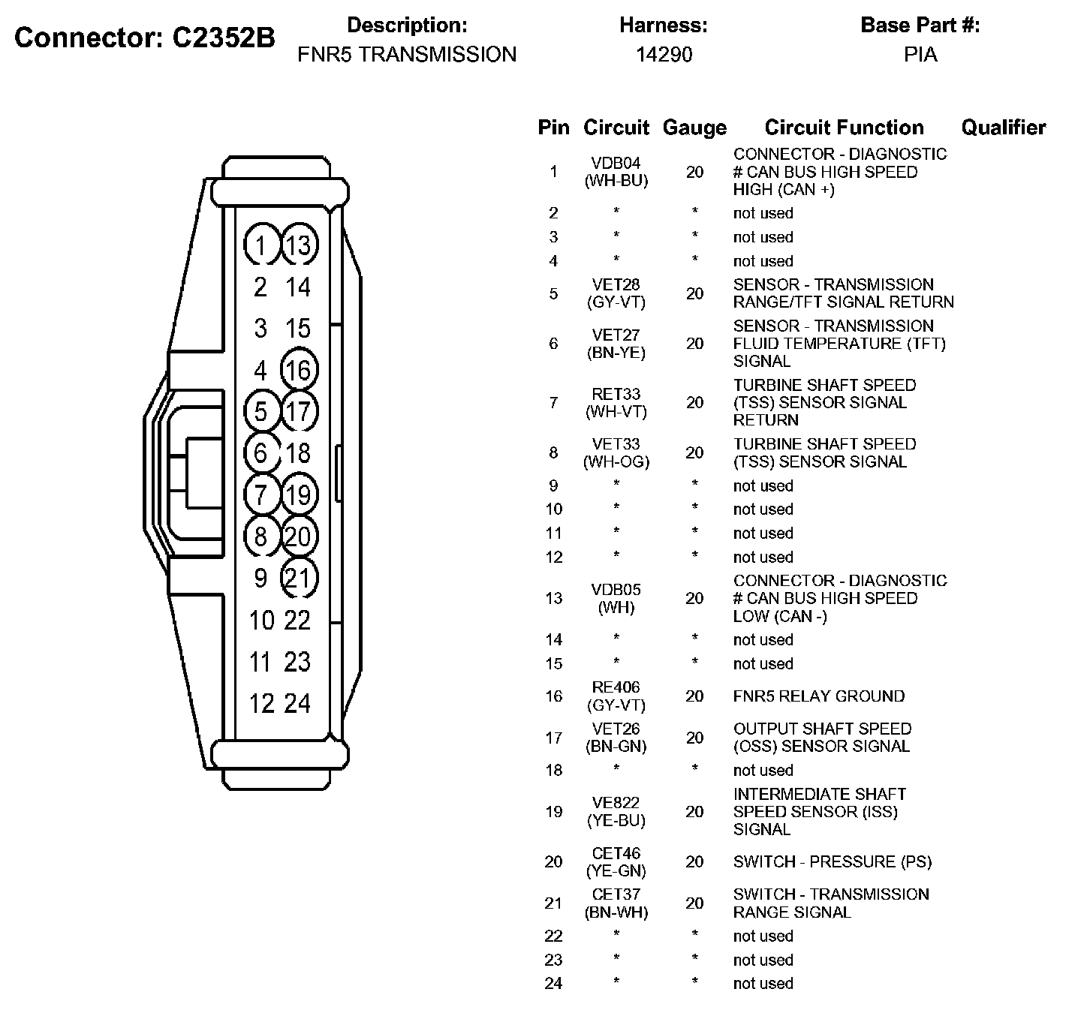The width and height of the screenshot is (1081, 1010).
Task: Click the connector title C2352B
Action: click(145, 38)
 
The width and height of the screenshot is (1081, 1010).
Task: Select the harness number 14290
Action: click(664, 55)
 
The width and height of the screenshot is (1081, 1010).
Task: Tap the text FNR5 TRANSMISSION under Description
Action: click(407, 55)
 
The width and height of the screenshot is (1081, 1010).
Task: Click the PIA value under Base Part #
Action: click(920, 55)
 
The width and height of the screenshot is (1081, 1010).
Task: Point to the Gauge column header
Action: click(694, 128)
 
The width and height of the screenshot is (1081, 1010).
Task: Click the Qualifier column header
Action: click(1003, 128)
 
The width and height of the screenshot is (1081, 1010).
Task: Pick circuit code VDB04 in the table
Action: click(616, 164)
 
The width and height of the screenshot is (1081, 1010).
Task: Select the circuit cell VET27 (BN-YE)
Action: click(616, 344)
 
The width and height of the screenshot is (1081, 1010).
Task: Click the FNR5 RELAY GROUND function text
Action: click(819, 696)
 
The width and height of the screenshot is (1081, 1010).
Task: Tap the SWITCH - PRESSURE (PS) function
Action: click(833, 862)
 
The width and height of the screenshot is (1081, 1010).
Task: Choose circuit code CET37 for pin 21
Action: click(616, 894)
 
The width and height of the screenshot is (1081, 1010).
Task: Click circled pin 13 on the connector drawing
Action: click(298, 245)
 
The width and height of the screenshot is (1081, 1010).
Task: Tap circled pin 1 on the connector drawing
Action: click(260, 245)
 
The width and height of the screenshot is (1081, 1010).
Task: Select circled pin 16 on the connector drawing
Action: click(298, 370)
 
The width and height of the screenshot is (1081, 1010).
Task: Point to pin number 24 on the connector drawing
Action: click(297, 703)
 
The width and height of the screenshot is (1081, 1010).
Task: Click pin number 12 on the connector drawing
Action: click(261, 703)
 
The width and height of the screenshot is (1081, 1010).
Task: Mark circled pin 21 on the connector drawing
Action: click(298, 579)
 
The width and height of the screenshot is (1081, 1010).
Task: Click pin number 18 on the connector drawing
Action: click(298, 453)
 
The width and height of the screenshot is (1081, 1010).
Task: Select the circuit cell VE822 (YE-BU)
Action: click(616, 812)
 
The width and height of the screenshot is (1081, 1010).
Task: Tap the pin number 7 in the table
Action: click(553, 403)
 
